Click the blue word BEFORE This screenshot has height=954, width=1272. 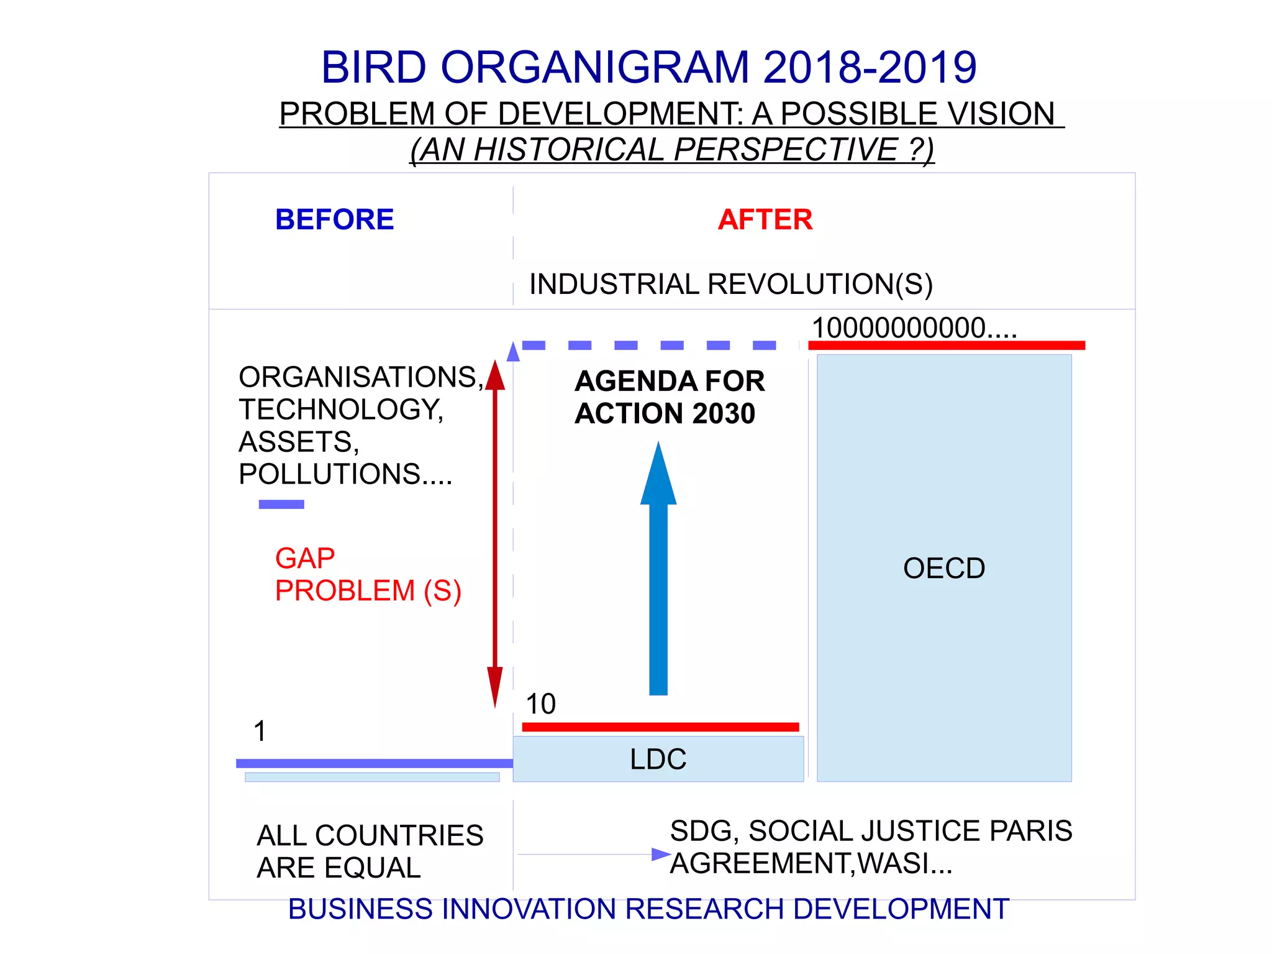pos(334,219)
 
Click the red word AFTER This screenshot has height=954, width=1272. pos(765,219)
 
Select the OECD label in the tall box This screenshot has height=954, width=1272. pos(943,568)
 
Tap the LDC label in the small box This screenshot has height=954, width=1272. pos(658,759)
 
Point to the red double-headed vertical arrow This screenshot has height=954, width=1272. pos(495,534)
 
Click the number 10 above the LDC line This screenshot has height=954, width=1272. pos(540,704)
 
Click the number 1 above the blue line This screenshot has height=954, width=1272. pos(260,731)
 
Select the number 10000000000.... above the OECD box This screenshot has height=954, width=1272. pos(914,328)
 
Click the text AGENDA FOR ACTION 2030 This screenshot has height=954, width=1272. pos(668,397)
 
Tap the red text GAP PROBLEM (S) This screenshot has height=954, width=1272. pos(368,574)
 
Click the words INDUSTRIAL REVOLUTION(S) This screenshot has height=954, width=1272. pos(730,284)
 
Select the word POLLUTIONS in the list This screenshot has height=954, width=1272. pos(329,474)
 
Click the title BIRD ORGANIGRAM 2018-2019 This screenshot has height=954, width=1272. pos(648,67)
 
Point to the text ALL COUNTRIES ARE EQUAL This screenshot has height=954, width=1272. pos(370,851)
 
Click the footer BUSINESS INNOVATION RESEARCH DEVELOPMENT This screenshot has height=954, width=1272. pos(648,909)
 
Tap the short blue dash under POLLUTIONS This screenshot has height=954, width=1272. pos(281,504)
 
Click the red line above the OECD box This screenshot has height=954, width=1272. pos(946,345)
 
